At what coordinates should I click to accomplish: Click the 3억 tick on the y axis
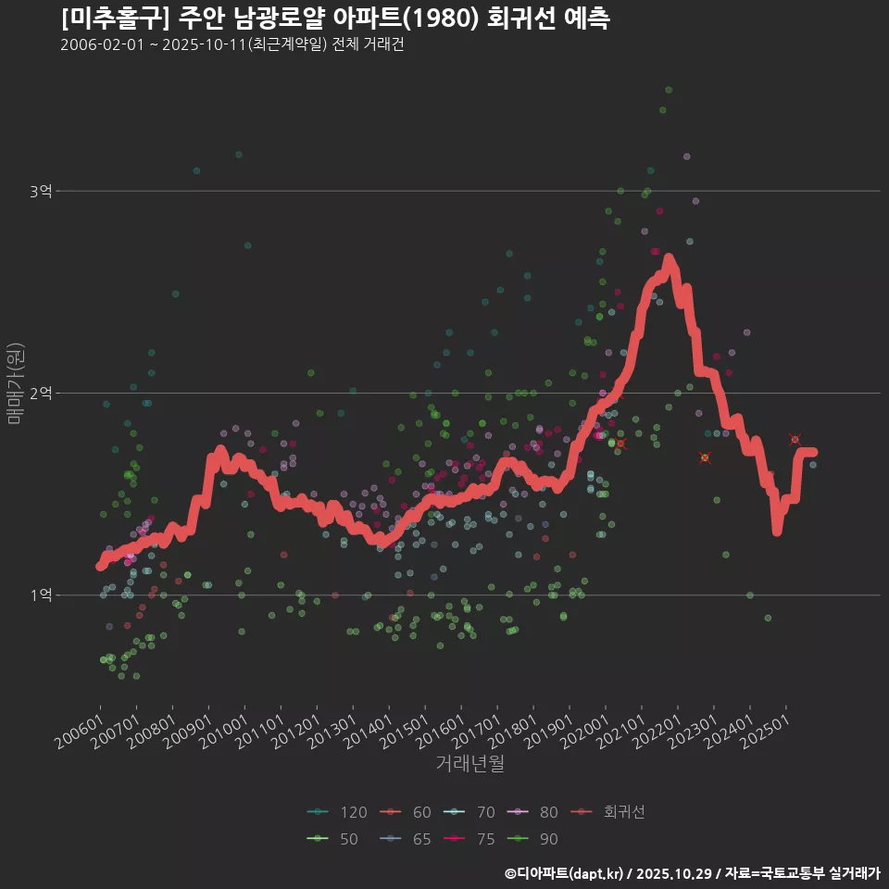pos(40,192)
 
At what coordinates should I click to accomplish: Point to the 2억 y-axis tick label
pos(40,394)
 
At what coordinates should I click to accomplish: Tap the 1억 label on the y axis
pos(40,595)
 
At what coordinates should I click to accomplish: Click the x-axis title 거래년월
pos(470,764)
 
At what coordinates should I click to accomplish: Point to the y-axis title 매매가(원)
pos(15,383)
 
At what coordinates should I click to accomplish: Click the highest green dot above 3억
pos(669,90)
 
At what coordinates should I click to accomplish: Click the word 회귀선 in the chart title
pos(513,19)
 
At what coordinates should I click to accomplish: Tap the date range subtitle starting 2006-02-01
pos(232,45)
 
